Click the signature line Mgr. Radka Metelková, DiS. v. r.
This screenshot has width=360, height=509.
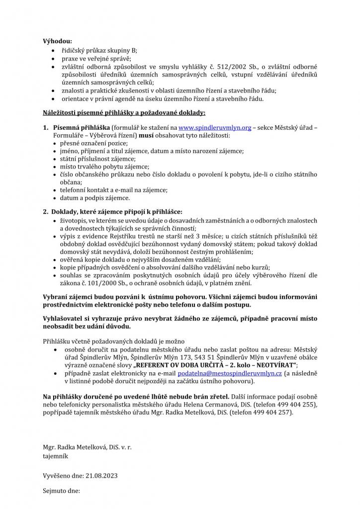(x=87, y=447)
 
